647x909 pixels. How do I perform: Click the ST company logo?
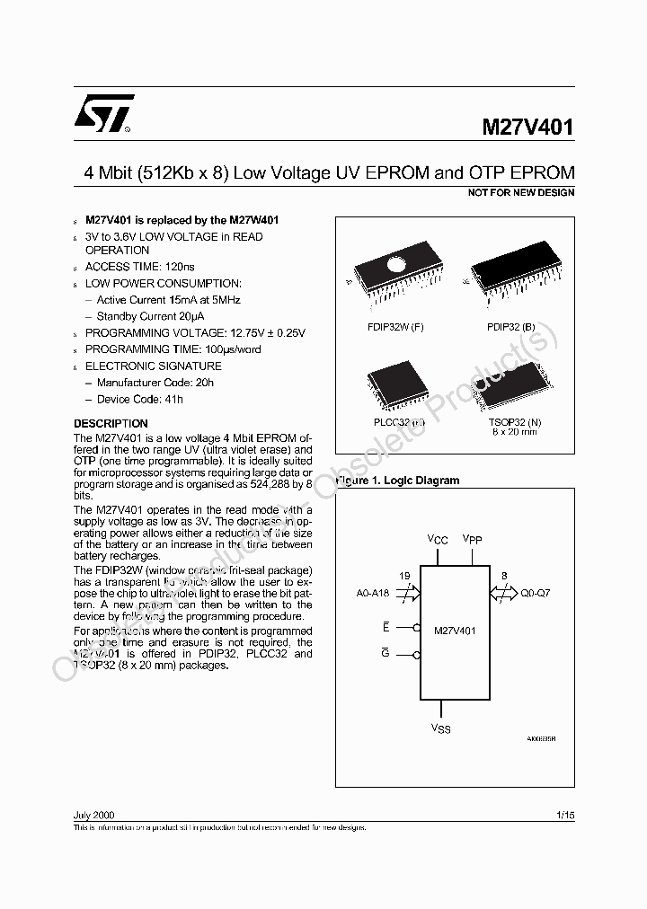(103, 114)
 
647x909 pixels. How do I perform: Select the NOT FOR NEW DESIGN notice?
(521, 192)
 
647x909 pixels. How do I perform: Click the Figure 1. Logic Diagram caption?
(398, 481)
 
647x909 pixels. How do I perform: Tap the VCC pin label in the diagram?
(437, 540)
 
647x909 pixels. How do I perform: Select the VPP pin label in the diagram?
(473, 540)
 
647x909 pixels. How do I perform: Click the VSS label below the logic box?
(441, 728)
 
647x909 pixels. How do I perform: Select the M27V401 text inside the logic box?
(455, 631)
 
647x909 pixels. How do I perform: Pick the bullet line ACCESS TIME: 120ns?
(139, 267)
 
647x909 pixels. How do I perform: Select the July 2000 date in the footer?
(93, 814)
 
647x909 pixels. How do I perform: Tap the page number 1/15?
(565, 814)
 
